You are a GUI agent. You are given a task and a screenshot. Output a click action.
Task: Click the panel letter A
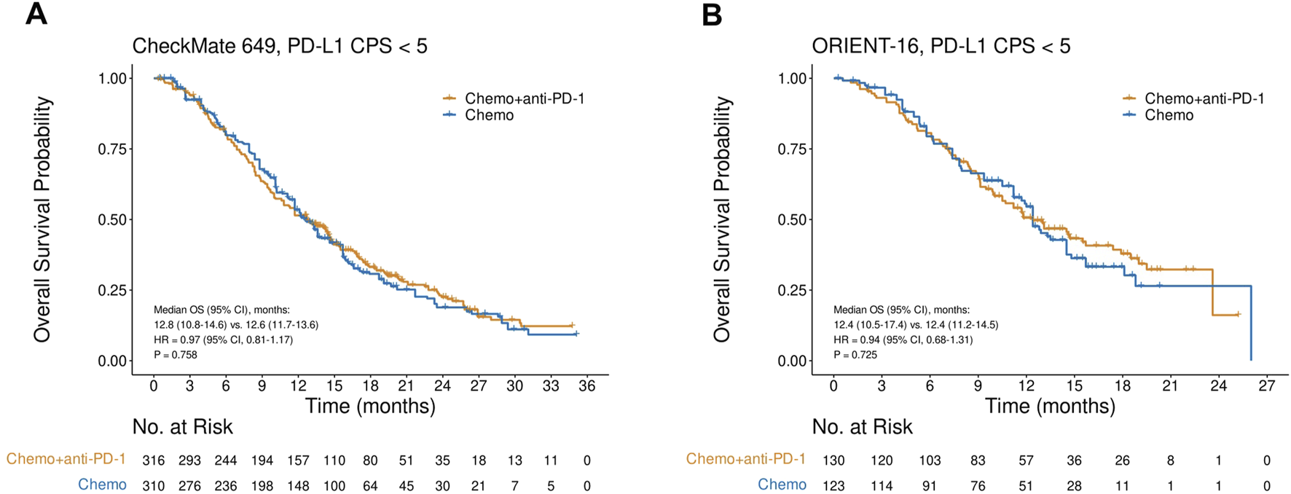click(36, 15)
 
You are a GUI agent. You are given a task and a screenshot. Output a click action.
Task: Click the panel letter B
click(712, 15)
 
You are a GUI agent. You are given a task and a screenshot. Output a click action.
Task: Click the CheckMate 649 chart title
click(279, 47)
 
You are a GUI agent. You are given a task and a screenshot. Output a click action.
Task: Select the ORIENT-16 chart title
click(941, 47)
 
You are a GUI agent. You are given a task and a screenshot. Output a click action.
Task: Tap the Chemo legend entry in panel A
click(488, 115)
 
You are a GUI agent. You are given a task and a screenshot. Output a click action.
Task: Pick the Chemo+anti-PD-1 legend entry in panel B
click(1204, 98)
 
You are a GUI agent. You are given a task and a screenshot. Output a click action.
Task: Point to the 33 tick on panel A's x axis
click(551, 386)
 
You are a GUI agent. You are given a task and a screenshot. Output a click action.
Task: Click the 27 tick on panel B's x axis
click(1266, 386)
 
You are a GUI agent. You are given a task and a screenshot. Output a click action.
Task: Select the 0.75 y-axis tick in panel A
click(113, 149)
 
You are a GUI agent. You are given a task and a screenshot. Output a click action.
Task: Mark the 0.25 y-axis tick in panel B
click(793, 290)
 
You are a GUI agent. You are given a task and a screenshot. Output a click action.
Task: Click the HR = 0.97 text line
click(223, 340)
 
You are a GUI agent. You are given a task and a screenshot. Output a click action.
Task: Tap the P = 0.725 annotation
click(855, 355)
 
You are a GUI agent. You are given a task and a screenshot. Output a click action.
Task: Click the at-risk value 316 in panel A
click(154, 460)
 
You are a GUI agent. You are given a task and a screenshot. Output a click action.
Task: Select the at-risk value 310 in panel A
click(154, 486)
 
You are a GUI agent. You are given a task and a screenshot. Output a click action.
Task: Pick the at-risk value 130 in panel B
click(833, 460)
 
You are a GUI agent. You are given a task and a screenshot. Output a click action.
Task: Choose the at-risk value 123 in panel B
click(833, 486)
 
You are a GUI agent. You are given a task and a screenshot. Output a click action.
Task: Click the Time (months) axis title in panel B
click(1050, 406)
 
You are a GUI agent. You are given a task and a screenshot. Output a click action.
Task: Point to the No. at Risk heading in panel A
click(182, 427)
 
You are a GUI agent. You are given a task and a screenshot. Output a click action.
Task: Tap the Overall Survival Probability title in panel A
click(42, 219)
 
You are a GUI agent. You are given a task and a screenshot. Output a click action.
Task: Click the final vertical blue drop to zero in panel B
click(1251, 324)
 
